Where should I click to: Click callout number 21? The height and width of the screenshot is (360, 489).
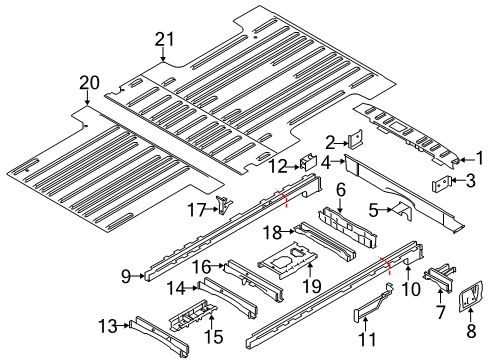point(164,39)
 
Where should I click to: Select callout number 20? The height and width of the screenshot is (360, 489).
point(90,82)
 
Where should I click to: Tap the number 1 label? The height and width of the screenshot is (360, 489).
point(478,156)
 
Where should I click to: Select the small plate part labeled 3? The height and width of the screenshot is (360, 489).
point(440,183)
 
